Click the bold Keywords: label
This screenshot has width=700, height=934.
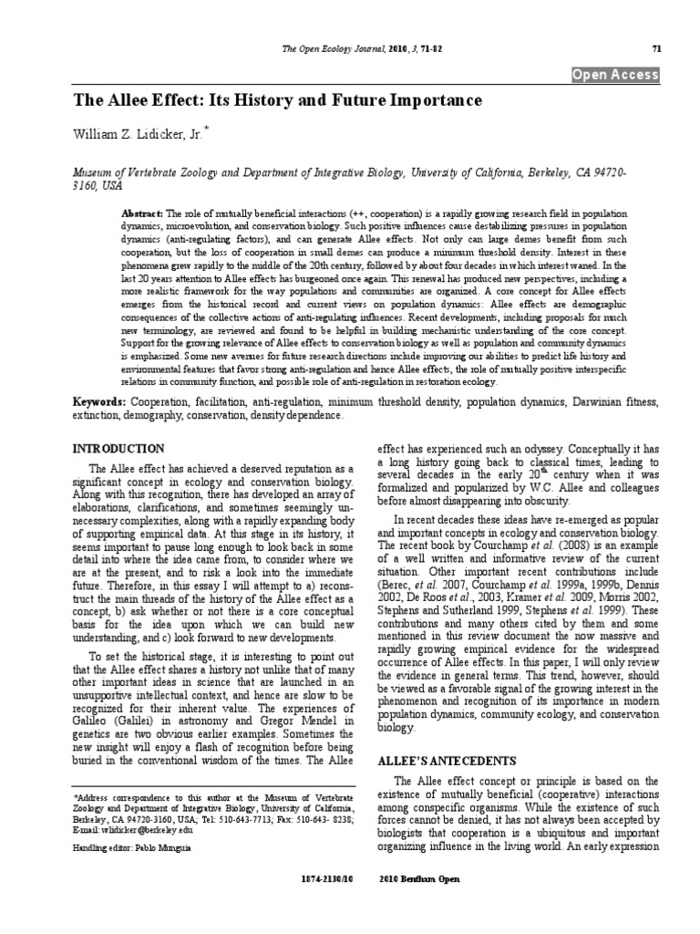pos(100,402)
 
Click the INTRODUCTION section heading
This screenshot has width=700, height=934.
pos(118,450)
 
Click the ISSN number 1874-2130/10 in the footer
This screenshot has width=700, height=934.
pos(325,879)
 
